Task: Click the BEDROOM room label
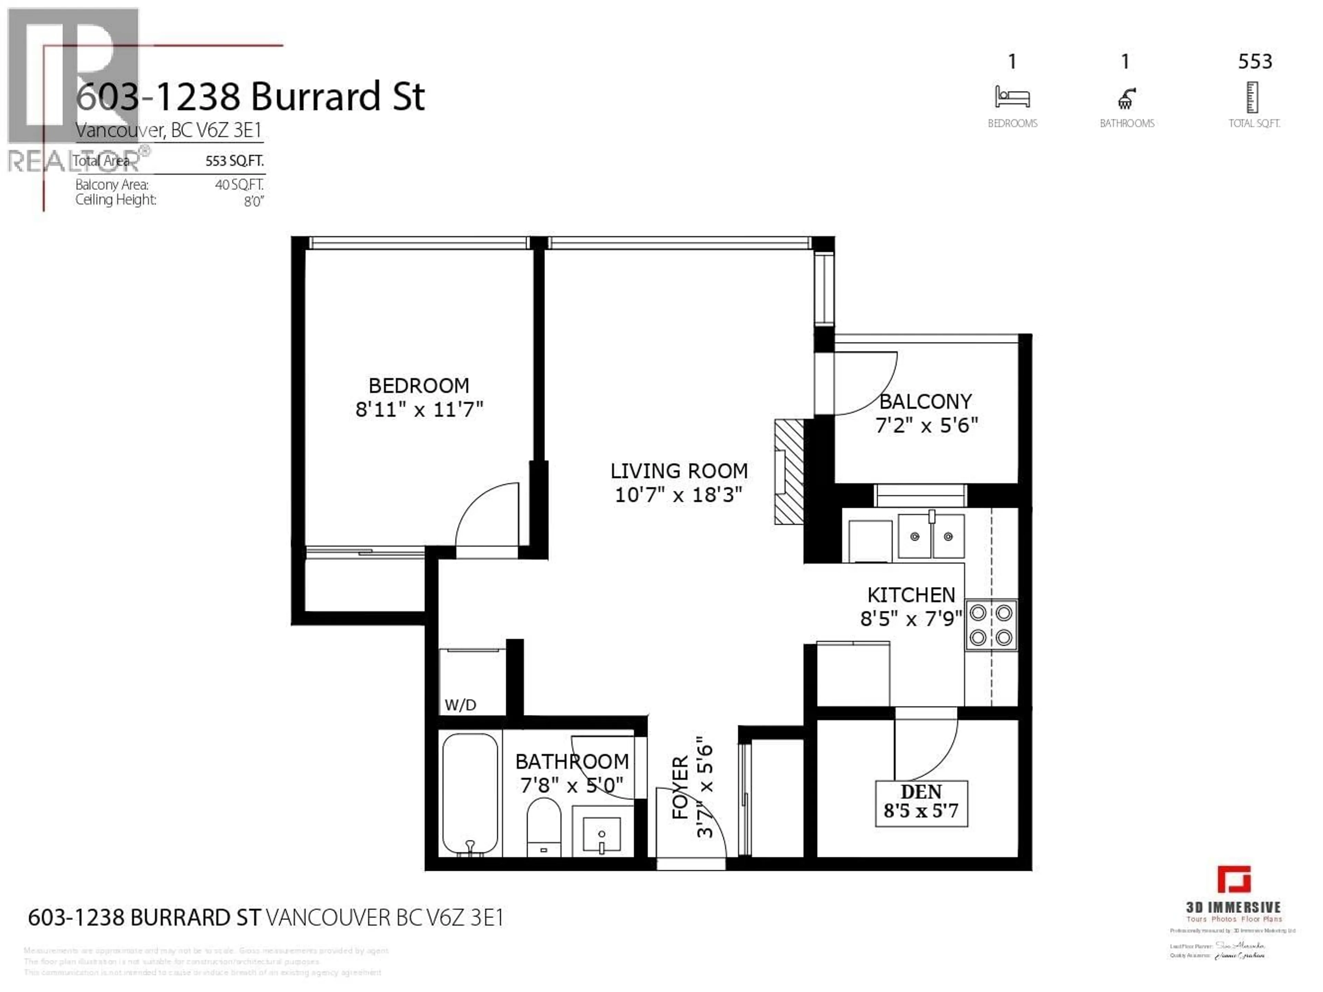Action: [x=419, y=385]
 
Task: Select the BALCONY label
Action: [x=925, y=401]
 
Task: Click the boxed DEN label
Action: [x=921, y=803]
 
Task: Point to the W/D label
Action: [x=460, y=705]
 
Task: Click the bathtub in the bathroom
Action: [x=470, y=794]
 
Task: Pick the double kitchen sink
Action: [x=931, y=536]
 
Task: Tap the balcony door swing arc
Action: [x=867, y=386]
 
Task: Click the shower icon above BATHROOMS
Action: [x=1126, y=99]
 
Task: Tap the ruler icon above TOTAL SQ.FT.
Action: [x=1252, y=98]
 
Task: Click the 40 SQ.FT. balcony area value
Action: [x=239, y=185]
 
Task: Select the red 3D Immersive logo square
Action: [x=1233, y=880]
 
